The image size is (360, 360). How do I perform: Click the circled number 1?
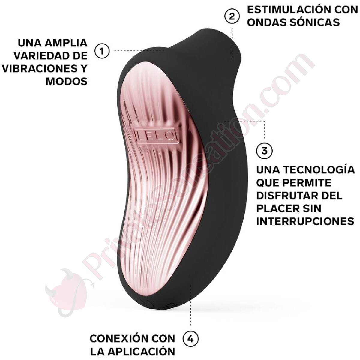click(x=102, y=51)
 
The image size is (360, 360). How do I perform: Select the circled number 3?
click(x=264, y=151)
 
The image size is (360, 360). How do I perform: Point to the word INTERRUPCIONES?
click(x=305, y=221)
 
